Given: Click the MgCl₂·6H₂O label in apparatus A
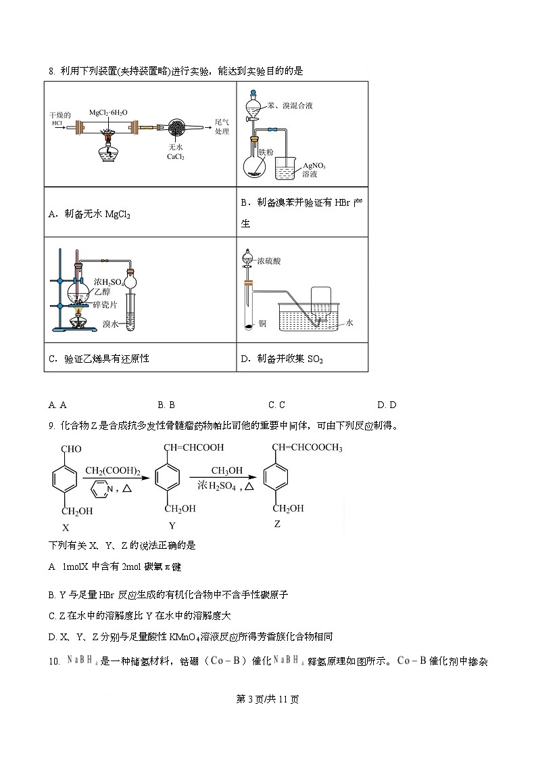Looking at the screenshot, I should [x=109, y=112].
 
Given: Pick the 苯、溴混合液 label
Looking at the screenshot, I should [x=289, y=106].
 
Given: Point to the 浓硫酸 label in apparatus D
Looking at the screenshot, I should [x=270, y=259].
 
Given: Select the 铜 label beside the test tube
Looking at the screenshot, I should [x=262, y=324].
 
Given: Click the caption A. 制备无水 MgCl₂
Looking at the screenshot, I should [x=89, y=214].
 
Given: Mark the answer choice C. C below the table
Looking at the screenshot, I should [x=276, y=405].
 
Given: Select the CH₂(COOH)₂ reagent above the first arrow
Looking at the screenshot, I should [x=113, y=471].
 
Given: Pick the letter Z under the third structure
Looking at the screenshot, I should [x=277, y=523].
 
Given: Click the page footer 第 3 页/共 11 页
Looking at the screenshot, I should [x=268, y=699].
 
